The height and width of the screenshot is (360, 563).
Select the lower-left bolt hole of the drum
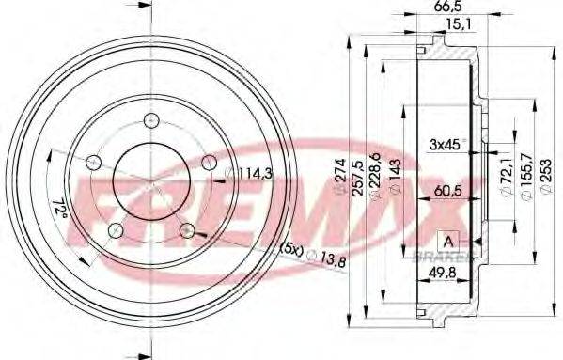click(115, 229)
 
